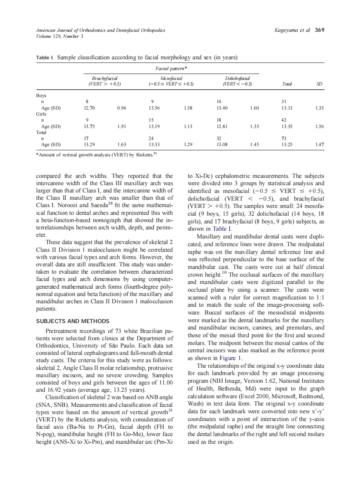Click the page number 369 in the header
tap(320, 30)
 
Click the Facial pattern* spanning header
tap(171, 69)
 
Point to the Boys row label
tap(41, 95)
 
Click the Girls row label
tap(41, 114)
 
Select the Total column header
tap(287, 84)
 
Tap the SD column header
tap(319, 84)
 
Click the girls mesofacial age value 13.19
tap(154, 127)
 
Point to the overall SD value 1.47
tap(319, 145)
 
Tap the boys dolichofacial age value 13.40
tap(222, 108)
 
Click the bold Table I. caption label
tap(45, 57)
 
